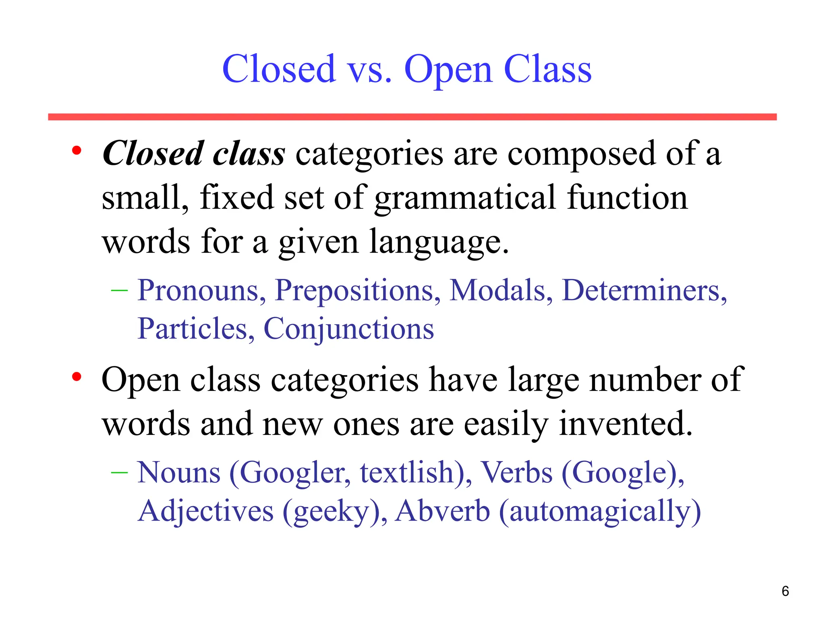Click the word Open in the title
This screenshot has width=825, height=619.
point(448,70)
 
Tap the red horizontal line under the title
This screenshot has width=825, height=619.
point(412,117)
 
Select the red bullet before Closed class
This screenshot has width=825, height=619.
point(77,151)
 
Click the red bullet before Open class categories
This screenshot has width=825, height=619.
point(77,377)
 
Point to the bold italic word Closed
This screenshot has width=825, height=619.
point(153,154)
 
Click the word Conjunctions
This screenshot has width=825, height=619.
point(348,329)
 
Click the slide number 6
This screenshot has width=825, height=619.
point(785,591)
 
